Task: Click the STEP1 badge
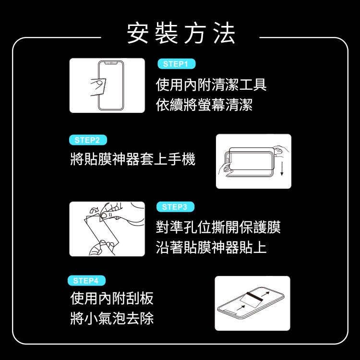(176, 64)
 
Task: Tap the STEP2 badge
(88, 140)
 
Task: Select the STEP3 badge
(175, 207)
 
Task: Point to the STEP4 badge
(86, 281)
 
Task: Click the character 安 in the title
(138, 33)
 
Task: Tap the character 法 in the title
(224, 33)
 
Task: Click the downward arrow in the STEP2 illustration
(282, 169)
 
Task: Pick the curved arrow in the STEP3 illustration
(94, 210)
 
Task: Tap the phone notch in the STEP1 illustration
(111, 63)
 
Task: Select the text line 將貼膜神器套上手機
(132, 159)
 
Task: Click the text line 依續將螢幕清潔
(204, 105)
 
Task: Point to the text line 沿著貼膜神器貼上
(211, 247)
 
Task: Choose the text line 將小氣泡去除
(112, 318)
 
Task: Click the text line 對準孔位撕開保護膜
(218, 227)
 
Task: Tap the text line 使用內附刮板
(112, 298)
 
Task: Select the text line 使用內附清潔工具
(211, 84)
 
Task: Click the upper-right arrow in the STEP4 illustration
(265, 294)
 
